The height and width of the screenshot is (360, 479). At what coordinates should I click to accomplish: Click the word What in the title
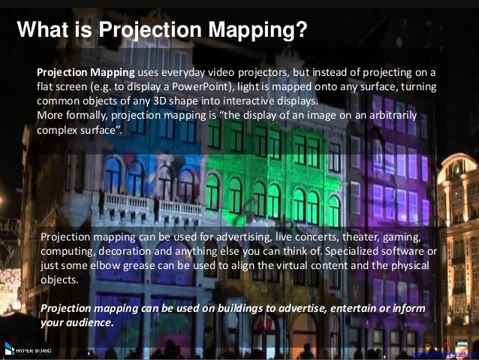click(43, 30)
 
